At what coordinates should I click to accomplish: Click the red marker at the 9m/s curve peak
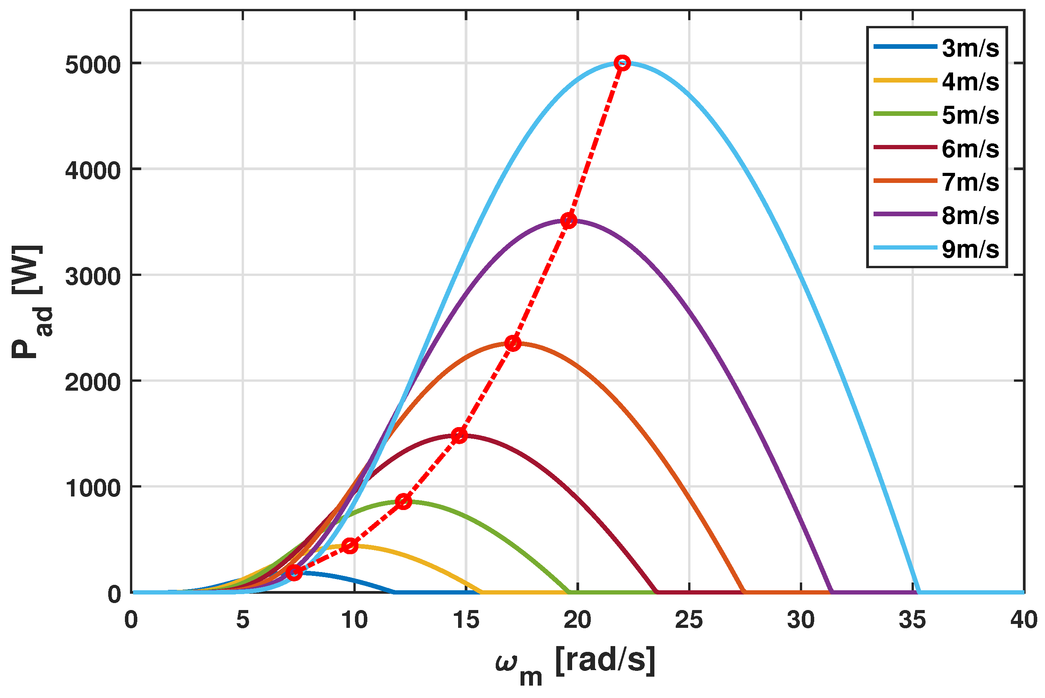(x=622, y=63)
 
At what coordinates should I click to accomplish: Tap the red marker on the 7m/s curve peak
(x=513, y=343)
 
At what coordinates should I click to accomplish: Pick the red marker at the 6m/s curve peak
(x=459, y=435)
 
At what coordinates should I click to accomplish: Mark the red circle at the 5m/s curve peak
(x=403, y=501)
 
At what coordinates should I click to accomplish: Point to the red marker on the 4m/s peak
(x=350, y=546)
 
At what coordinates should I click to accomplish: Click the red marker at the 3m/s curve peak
(x=294, y=572)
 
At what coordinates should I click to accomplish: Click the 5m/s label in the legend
(x=970, y=115)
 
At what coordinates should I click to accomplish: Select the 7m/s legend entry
(x=970, y=182)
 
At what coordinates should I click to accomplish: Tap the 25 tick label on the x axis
(x=689, y=620)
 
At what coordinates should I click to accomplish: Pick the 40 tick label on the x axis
(x=1024, y=620)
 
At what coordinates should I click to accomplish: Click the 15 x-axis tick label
(x=466, y=620)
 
